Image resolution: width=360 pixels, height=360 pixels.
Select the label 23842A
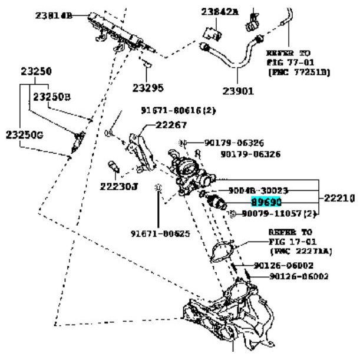point(220,11)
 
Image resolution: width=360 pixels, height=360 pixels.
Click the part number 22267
point(171,124)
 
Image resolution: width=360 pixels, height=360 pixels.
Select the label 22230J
point(118,187)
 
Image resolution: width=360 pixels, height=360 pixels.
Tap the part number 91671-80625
point(160,233)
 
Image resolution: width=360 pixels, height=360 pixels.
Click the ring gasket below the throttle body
point(220,250)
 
